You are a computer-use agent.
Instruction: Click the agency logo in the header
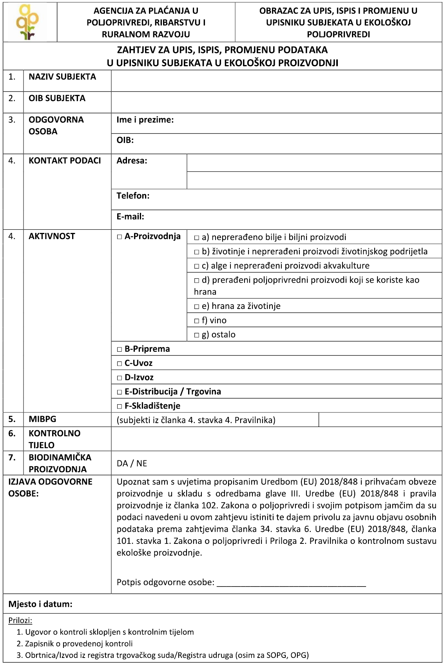tap(28, 22)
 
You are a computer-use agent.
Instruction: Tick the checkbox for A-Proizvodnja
tap(120, 237)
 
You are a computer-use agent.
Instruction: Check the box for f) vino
tap(197, 321)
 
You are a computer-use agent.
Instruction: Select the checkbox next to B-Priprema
tap(120, 349)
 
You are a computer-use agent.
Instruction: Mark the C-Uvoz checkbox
tap(120, 363)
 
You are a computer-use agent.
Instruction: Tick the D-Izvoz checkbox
tap(120, 378)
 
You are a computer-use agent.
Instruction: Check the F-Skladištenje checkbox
tap(120, 406)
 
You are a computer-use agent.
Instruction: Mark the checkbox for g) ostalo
tap(197, 335)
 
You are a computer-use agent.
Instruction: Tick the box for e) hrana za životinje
tap(197, 307)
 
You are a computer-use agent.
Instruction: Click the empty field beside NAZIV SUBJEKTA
tap(276, 81)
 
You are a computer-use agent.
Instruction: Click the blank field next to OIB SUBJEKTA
tap(276, 102)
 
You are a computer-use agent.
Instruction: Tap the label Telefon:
tap(133, 196)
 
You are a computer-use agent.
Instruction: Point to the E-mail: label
tap(130, 216)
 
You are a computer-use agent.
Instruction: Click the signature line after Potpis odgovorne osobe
tap(291, 582)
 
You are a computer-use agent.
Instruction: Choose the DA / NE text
tap(132, 463)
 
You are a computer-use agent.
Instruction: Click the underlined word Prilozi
tap(20, 621)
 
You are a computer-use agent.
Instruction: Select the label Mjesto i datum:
tap(40, 604)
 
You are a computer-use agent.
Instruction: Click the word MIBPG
tap(42, 419)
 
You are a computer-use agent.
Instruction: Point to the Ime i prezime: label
tap(145, 120)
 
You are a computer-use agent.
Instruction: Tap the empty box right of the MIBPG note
tap(380, 420)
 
